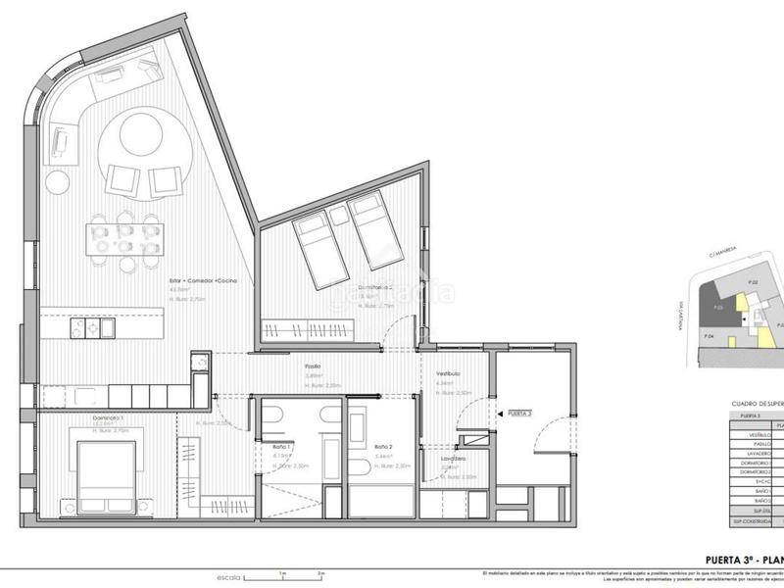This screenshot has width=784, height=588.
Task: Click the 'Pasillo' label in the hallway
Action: point(312,367)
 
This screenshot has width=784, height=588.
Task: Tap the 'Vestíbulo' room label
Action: point(449,374)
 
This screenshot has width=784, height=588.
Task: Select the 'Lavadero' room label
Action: point(452,458)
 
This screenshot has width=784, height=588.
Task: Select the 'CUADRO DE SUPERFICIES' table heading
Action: point(756,403)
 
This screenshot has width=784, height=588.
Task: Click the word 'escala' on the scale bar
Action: point(229,576)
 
